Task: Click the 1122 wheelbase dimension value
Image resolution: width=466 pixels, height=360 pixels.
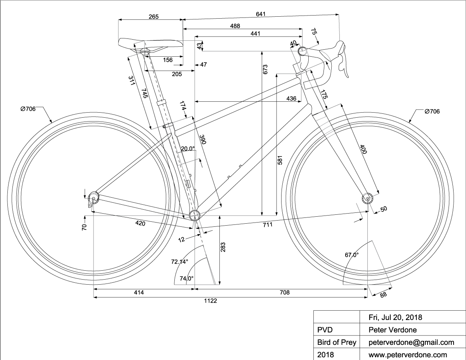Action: coord(210,301)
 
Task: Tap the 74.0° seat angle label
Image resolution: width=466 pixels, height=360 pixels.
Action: coord(187,278)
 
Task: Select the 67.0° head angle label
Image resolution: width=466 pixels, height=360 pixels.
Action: coord(352,255)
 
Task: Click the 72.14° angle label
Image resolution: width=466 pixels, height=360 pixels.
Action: coord(179,262)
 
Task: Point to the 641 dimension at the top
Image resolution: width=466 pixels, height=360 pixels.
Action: coord(261,14)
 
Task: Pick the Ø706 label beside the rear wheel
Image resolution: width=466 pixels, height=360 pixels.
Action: coord(28,109)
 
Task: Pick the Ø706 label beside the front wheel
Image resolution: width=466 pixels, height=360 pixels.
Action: coord(432,111)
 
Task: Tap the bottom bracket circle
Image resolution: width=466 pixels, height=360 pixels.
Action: coord(195,215)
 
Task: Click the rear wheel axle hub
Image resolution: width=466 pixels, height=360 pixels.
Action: coord(94,199)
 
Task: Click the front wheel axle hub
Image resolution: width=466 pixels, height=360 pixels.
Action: coord(367,199)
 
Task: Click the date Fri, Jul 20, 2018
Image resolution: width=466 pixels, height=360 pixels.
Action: coord(395,317)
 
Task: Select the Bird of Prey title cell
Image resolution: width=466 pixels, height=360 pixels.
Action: coord(334,342)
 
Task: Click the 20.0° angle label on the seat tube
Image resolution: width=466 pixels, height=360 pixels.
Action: coord(187,148)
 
